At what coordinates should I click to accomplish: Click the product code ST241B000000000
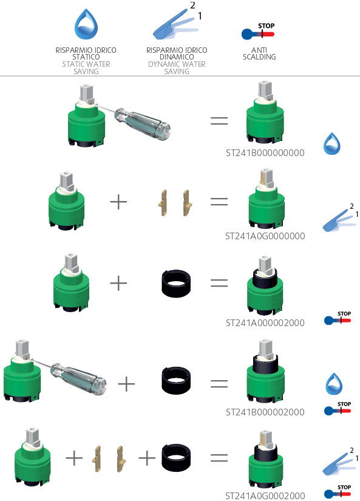[265, 153]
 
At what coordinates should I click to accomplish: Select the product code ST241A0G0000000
[265, 236]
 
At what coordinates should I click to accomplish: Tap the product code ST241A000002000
[265, 323]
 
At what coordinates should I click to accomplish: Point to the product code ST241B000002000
[265, 412]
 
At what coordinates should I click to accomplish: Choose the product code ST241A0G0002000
[265, 496]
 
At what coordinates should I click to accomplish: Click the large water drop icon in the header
[86, 24]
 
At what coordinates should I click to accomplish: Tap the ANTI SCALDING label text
[259, 53]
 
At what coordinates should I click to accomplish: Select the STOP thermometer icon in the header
[258, 32]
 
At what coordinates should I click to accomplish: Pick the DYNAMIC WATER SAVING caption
[177, 68]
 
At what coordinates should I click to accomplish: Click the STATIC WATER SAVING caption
[86, 68]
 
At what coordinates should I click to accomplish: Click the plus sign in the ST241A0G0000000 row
[118, 202]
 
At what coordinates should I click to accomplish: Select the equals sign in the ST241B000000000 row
[219, 120]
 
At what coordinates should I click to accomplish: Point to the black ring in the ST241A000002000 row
[176, 283]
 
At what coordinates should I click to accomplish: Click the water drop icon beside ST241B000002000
[334, 384]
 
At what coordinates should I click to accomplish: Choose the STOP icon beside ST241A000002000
[338, 318]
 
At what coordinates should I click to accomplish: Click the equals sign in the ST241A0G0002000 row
[219, 458]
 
